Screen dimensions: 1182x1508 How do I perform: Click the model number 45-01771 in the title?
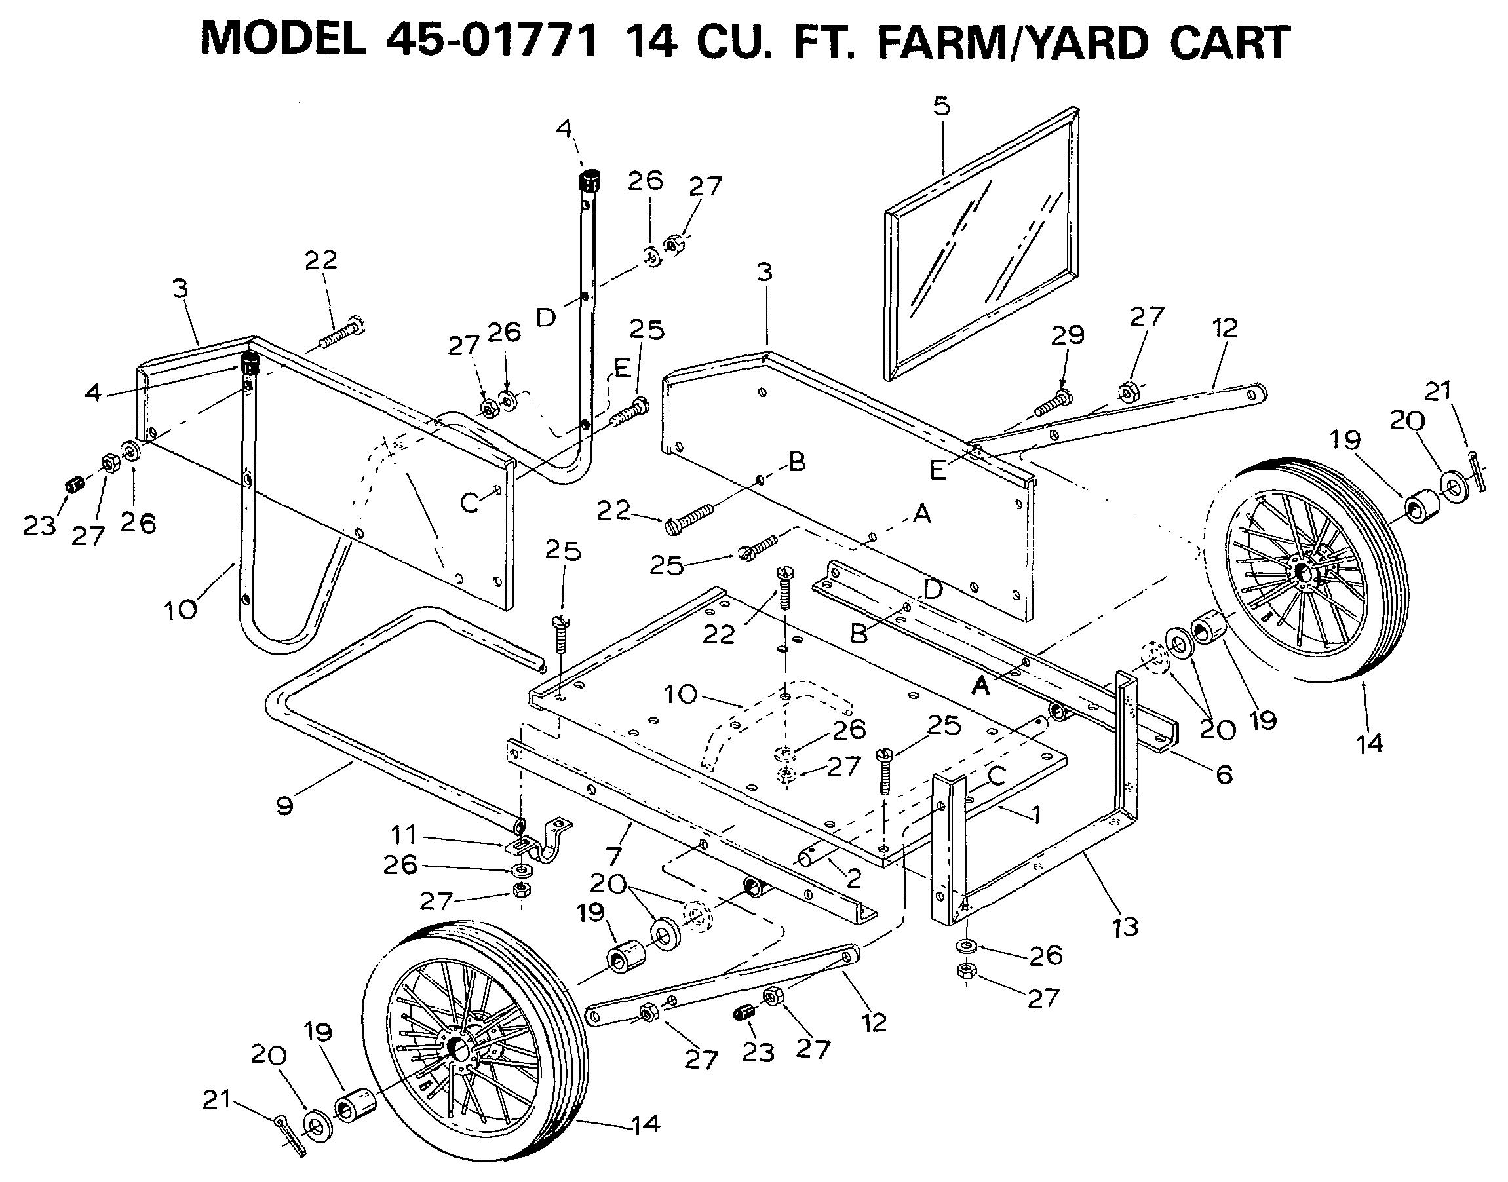pyautogui.click(x=492, y=41)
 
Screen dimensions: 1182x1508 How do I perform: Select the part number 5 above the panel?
pyautogui.click(x=941, y=106)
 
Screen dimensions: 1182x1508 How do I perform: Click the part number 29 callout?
pyautogui.click(x=1067, y=335)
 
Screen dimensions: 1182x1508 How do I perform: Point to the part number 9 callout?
pyautogui.click(x=284, y=805)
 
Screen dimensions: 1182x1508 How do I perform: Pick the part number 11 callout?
pyautogui.click(x=404, y=835)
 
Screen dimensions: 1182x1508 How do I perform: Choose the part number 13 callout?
pyautogui.click(x=1125, y=926)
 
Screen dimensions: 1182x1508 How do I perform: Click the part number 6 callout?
pyautogui.click(x=1224, y=774)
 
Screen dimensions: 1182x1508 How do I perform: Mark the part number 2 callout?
pyautogui.click(x=854, y=878)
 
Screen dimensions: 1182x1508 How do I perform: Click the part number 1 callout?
pyautogui.click(x=1035, y=815)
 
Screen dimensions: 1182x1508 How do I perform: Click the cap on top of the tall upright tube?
pyautogui.click(x=589, y=182)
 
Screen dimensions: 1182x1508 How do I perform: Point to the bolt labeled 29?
pyautogui.click(x=1053, y=404)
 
